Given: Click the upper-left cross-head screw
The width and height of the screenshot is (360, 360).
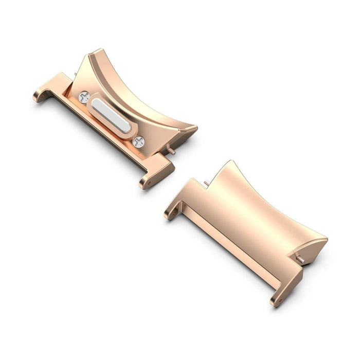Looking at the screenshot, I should [x=84, y=97].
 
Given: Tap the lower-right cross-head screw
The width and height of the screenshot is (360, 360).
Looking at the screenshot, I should [x=138, y=142].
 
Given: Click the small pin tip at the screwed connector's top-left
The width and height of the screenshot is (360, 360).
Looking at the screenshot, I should [x=75, y=75].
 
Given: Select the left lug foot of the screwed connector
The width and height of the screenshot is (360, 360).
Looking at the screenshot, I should [x=41, y=95].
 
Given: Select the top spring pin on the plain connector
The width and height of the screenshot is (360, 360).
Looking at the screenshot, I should [x=207, y=182].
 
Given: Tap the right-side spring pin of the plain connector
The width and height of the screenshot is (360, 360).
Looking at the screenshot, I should [x=300, y=259].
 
